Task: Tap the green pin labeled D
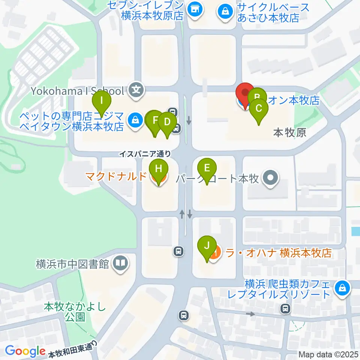(167, 122)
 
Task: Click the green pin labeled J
(207, 246)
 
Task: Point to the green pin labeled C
(259, 109)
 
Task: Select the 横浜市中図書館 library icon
(120, 264)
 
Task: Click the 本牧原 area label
(289, 132)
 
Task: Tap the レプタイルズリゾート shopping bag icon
(342, 288)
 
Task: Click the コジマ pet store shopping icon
(134, 120)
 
